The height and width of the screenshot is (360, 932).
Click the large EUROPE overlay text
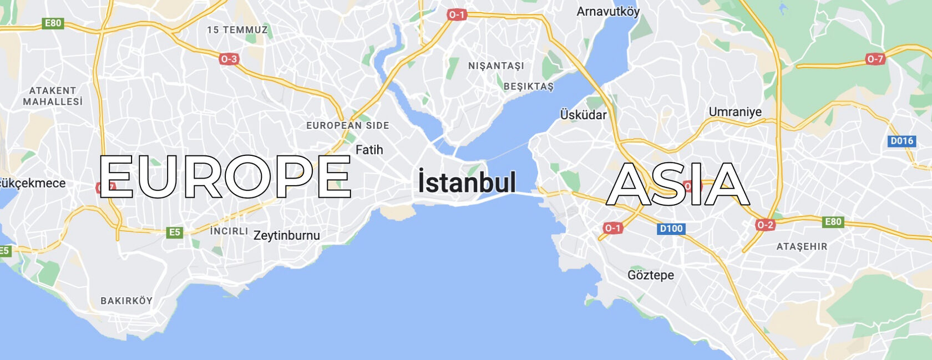[x=225, y=176]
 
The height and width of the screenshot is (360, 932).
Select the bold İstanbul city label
[x=467, y=182]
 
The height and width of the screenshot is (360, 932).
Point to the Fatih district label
[x=369, y=150]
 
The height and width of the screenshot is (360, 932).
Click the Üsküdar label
[x=583, y=115]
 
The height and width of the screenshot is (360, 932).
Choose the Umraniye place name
[x=735, y=112]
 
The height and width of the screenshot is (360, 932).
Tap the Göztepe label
[x=651, y=275]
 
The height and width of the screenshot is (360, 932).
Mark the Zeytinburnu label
[x=286, y=236]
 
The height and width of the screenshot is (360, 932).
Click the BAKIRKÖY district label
[x=126, y=301]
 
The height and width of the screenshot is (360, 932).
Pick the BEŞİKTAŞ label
[x=529, y=87]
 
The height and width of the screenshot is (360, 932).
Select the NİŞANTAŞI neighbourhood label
[x=496, y=66]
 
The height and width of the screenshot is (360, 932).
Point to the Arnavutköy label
[x=608, y=12]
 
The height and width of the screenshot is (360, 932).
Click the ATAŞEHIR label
[x=802, y=246]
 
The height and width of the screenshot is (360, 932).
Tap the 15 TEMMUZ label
[x=237, y=30]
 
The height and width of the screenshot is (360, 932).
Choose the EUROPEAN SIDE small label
[x=348, y=125]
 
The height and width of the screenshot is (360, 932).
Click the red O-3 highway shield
[x=229, y=59]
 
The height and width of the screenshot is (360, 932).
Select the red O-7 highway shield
[x=875, y=59]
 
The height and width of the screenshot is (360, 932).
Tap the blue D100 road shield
[x=671, y=229]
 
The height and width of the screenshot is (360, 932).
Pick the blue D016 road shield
[x=901, y=141]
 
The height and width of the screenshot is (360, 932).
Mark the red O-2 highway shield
[x=765, y=225]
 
